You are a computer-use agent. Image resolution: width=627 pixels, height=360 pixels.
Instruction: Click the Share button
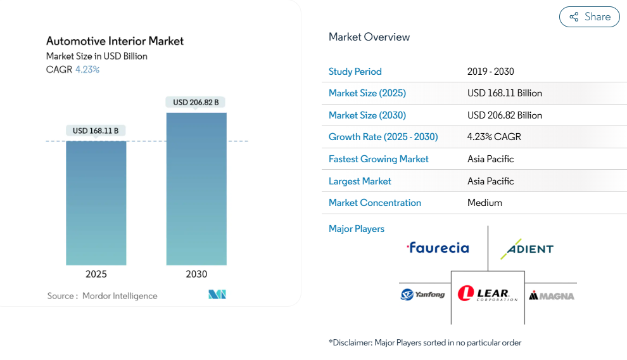[x=589, y=17]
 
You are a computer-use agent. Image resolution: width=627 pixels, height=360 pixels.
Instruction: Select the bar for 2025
[x=96, y=203]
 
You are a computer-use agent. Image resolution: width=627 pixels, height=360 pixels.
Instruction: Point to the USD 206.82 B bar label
[x=196, y=102]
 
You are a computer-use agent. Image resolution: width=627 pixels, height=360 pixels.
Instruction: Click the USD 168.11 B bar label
[x=96, y=131]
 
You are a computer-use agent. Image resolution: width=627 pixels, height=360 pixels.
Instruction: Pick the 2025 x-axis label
[x=96, y=274]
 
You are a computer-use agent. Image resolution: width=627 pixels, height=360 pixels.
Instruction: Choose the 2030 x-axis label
[x=196, y=274]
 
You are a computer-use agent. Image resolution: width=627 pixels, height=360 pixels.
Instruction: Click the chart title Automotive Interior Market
[x=115, y=41]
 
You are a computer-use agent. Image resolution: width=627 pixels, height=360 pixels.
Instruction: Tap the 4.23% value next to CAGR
[x=87, y=70]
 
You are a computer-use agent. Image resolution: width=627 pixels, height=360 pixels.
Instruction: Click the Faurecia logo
[x=438, y=247]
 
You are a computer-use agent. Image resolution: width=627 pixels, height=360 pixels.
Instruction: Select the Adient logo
[x=527, y=248]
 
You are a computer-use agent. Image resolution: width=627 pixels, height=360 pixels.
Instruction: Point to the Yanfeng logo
[x=422, y=294]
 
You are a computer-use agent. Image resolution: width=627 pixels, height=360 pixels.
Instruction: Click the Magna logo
[x=552, y=295]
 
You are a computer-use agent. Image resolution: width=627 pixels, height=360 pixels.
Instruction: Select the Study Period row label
[x=355, y=72]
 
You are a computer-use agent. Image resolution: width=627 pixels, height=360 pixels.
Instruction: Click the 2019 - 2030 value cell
[x=491, y=72]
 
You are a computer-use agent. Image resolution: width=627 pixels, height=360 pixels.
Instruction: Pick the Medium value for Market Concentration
[x=484, y=203]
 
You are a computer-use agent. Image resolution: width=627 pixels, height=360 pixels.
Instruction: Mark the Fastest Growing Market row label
[x=379, y=159]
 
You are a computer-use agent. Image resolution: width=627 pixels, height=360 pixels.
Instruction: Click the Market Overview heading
[x=369, y=37]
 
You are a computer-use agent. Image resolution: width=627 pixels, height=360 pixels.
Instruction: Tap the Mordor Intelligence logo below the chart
[x=217, y=295]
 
